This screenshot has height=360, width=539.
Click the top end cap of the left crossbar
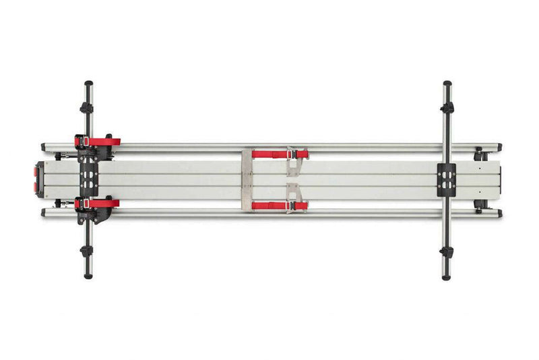88,84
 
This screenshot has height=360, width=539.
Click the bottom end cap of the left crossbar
88,275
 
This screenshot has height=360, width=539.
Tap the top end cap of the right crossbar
447,84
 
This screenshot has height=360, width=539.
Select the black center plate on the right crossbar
447,179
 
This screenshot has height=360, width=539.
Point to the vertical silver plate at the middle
247,179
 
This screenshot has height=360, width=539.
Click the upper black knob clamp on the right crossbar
447,107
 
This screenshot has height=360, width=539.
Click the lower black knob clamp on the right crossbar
447,252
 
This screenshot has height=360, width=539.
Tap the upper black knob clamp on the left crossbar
86,107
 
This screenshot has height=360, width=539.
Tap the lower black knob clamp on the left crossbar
86,251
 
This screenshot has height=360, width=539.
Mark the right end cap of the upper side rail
499,146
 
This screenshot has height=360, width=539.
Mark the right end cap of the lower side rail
499,212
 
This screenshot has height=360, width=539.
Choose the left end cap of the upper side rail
43,146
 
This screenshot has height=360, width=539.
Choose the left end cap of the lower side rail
43,212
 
